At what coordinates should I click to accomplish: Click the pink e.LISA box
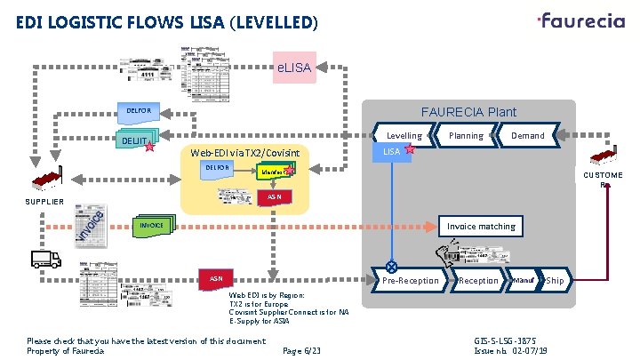click(294, 67)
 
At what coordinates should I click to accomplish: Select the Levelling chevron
click(404, 136)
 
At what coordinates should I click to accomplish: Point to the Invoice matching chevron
click(481, 227)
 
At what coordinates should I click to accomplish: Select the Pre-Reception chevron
click(410, 281)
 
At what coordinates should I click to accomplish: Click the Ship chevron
click(555, 281)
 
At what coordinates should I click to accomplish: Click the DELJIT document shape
click(137, 140)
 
